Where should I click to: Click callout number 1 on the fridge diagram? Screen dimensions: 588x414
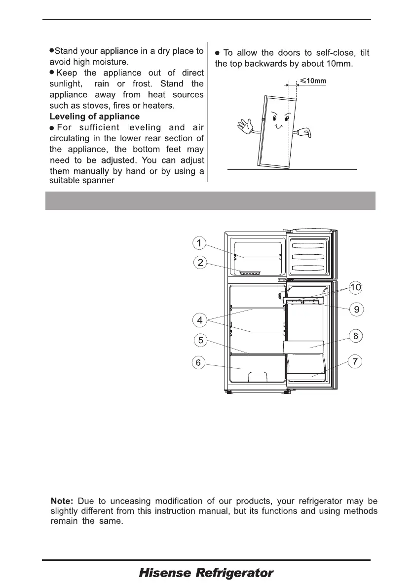[198, 243]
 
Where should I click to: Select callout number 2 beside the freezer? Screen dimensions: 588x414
[199, 263]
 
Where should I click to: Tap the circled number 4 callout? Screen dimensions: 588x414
[199, 320]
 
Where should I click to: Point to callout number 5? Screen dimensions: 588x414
[199, 341]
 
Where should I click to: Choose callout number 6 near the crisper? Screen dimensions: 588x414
[198, 363]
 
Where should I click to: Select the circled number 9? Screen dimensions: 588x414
[356, 310]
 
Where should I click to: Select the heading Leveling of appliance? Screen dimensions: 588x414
[94, 117]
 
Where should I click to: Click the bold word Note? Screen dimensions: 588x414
[62, 502]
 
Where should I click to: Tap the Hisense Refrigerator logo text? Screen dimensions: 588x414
[206, 574]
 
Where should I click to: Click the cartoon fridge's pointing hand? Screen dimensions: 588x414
[304, 133]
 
